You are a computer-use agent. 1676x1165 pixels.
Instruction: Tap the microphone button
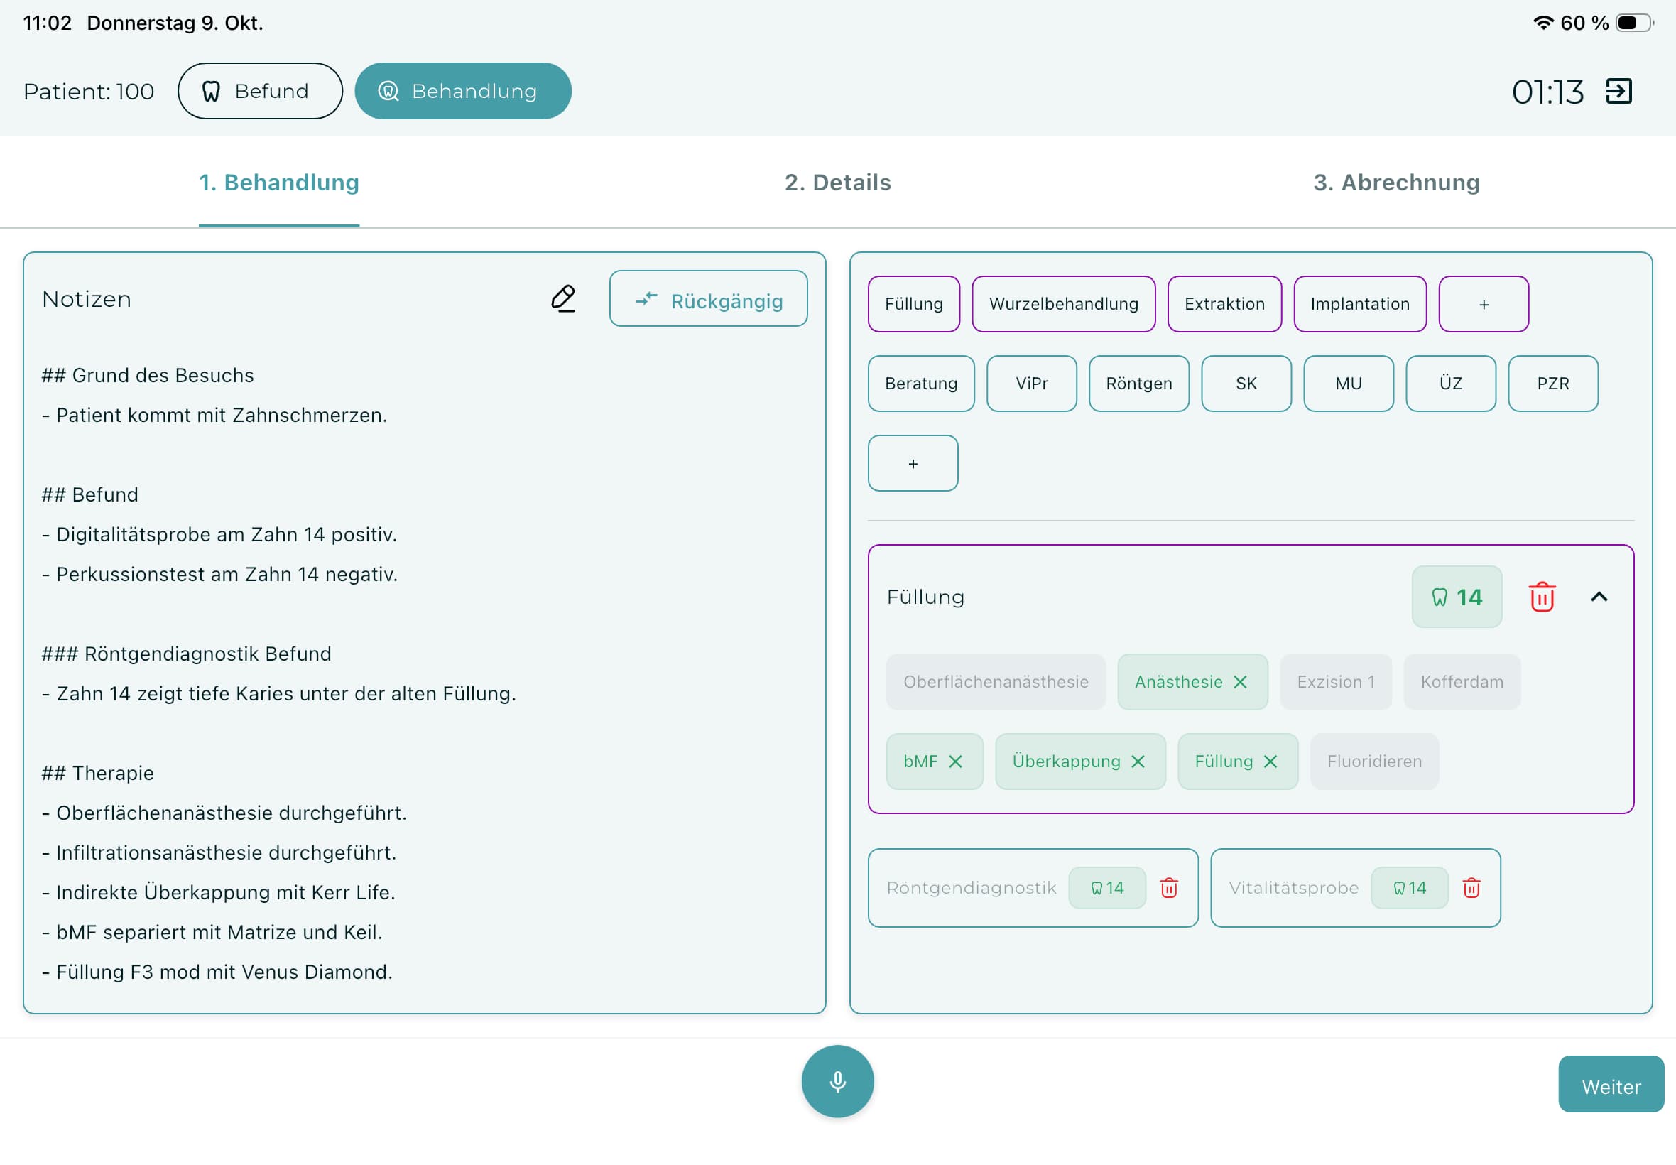pos(837,1081)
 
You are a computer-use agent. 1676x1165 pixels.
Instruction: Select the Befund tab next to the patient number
pos(260,91)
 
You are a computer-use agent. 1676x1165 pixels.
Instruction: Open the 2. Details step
pos(837,183)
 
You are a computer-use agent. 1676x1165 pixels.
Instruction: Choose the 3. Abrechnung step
pos(1396,183)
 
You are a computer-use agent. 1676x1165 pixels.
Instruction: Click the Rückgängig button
pos(709,298)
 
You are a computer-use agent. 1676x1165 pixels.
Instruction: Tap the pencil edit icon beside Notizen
pos(563,298)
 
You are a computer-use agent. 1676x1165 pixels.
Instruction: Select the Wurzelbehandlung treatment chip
pos(1063,303)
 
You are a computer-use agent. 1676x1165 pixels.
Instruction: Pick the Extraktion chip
pos(1224,303)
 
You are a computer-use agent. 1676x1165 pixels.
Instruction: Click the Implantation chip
pos(1360,303)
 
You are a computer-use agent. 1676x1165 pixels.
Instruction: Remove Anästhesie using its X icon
pos(1241,682)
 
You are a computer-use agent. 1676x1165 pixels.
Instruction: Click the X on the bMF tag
pos(955,762)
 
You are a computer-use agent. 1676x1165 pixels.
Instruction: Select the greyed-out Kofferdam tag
pos(1462,682)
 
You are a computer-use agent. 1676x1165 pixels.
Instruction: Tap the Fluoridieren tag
pos(1374,762)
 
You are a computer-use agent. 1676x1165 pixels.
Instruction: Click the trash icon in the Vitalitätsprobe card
pos(1471,888)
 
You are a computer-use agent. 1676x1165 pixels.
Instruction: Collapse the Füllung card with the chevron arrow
pos(1599,597)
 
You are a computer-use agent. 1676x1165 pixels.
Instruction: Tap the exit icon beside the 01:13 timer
pos(1618,91)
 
